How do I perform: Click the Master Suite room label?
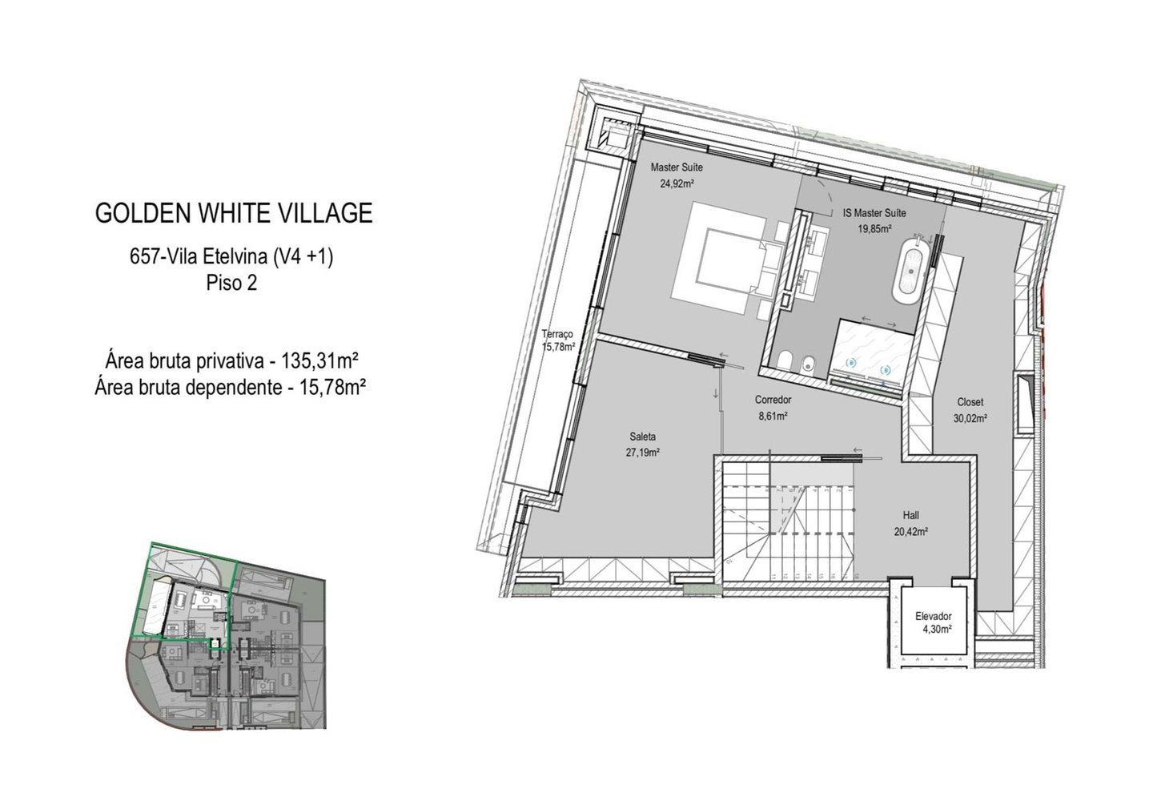[677, 167]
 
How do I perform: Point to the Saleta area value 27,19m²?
[643, 453]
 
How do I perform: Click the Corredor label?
[773, 400]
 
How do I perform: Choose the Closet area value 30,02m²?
[970, 419]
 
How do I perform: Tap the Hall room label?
[910, 515]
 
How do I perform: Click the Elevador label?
[934, 616]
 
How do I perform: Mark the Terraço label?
[557, 334]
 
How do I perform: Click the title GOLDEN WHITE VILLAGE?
[234, 213]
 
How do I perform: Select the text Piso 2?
[231, 283]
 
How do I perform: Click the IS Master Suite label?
[874, 213]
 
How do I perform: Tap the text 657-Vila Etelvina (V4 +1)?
[231, 256]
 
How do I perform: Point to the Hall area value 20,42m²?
[910, 532]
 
